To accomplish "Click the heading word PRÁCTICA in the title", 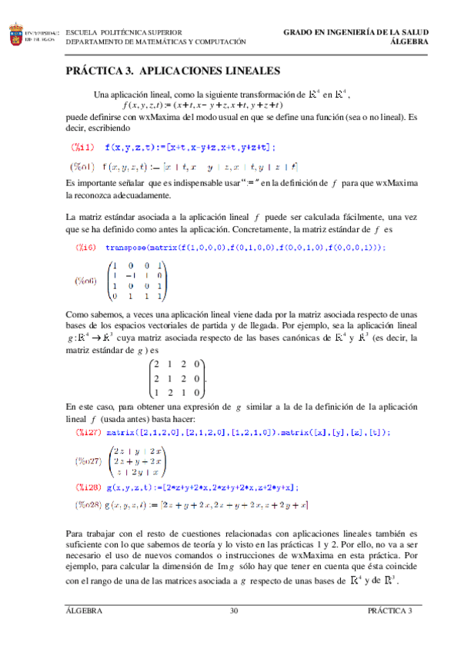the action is pyautogui.click(x=97, y=72).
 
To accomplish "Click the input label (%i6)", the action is pyautogui.click(x=85, y=247).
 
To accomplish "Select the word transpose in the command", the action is pyautogui.click(x=132, y=247).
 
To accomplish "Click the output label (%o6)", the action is pyautogui.click(x=85, y=281).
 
